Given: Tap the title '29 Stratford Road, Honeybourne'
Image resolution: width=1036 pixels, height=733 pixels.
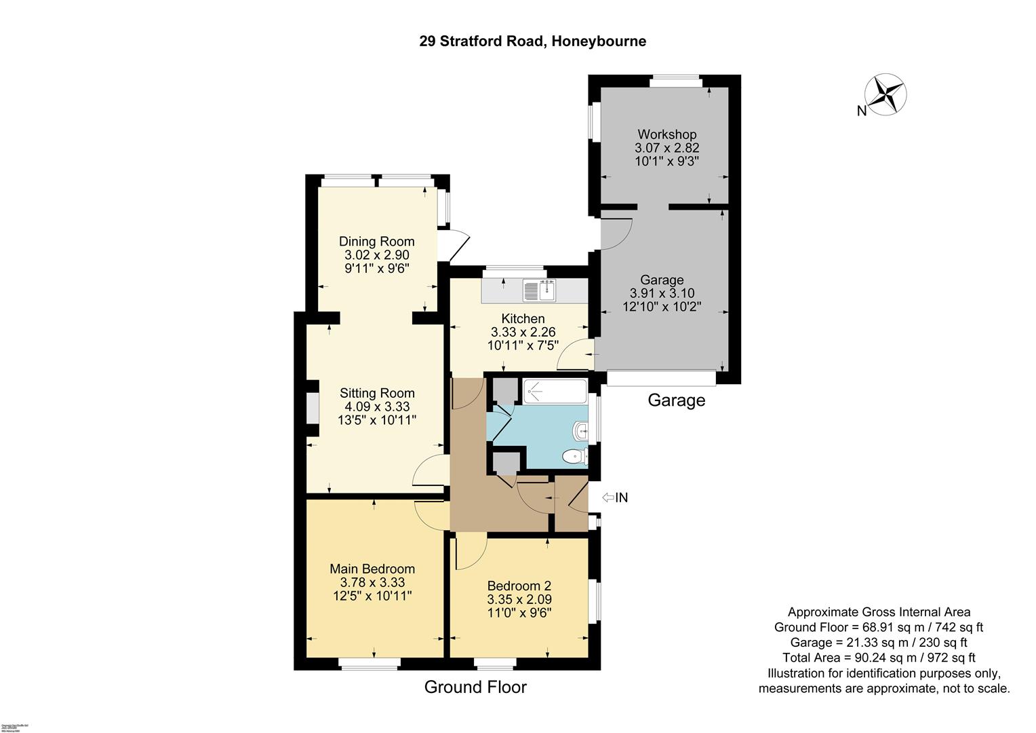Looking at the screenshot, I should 532,41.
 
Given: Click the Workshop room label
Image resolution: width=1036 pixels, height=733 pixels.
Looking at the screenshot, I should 666,134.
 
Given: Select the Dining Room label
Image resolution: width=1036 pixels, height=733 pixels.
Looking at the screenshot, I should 376,242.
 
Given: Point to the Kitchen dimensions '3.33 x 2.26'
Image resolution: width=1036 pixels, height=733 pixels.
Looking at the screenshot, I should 523,332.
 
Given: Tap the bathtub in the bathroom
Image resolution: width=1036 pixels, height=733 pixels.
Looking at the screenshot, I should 555,391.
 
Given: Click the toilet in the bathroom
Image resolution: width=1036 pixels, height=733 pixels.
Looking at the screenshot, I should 576,457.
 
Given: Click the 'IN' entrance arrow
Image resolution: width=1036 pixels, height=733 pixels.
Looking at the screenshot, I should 615,497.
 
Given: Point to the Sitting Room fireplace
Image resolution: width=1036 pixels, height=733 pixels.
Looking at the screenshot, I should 313,409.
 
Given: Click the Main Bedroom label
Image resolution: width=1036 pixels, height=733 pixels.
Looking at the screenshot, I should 372,569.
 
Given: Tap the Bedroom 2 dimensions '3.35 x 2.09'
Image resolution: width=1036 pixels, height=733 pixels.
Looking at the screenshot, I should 519,599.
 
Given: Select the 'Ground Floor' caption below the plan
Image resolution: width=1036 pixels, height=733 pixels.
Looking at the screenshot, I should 475,687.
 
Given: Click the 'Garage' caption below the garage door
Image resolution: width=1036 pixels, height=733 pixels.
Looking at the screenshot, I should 676,400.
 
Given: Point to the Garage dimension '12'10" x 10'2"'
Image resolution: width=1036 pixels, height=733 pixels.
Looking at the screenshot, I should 662,307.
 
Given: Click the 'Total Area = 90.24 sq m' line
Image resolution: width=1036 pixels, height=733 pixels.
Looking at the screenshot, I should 879,658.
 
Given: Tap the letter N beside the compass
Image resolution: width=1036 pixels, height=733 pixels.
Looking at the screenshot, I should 861,111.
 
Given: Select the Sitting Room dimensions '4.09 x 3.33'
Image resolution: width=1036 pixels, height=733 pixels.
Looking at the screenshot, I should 377,407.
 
